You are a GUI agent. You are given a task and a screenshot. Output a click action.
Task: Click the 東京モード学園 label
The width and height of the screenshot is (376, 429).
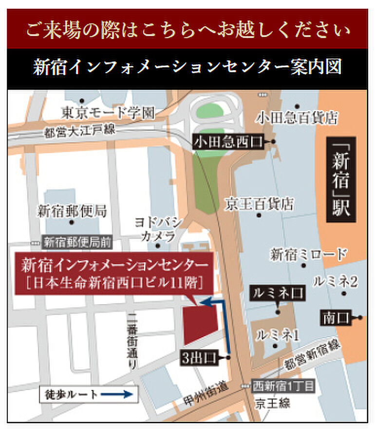pos(108,113)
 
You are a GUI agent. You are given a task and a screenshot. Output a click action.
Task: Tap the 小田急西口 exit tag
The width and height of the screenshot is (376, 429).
pos(228,142)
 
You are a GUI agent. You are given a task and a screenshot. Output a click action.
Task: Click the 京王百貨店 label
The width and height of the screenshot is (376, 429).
pos(260,203)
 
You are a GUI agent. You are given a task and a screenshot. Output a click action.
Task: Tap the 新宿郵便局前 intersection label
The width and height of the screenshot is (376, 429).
pos(77,241)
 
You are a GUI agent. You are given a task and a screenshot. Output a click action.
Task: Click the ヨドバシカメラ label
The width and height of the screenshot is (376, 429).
pos(157,230)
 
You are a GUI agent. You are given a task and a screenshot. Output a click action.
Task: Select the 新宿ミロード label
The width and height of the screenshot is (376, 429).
pos(309,254)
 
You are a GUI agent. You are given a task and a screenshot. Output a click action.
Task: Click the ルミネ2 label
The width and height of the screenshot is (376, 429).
pos(343,281)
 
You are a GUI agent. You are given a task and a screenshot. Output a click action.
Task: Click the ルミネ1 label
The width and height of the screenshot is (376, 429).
pos(277,334)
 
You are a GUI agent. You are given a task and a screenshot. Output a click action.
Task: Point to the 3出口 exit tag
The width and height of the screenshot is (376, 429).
pos(200,357)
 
